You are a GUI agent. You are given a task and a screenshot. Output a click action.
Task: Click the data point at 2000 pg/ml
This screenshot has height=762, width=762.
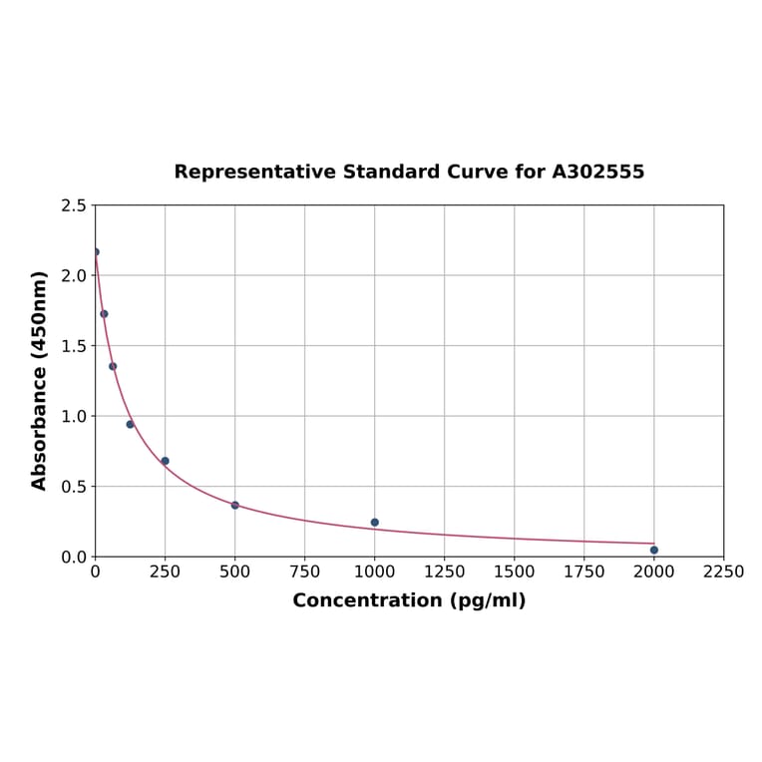tap(654, 550)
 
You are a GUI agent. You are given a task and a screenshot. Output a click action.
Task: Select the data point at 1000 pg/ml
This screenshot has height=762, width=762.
tap(375, 523)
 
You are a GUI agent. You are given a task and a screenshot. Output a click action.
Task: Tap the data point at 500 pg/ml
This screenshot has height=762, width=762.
tap(235, 505)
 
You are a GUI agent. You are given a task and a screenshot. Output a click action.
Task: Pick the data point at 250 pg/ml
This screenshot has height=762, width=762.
tap(166, 461)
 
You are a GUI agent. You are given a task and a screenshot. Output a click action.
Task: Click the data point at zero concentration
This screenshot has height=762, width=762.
tap(96, 251)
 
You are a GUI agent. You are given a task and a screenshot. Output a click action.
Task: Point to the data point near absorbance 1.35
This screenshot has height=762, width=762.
tap(113, 366)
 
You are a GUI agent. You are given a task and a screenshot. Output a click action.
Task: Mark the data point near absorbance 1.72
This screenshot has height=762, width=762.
tap(104, 314)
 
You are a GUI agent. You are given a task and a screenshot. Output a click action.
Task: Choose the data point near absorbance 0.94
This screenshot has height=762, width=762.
tap(130, 424)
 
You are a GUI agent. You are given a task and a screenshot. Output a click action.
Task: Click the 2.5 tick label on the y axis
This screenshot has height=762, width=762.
tap(74, 205)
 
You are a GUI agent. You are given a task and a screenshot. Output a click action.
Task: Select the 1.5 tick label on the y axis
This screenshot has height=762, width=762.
tap(74, 346)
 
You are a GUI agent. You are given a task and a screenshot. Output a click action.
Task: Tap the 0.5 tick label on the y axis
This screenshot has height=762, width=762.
tap(74, 487)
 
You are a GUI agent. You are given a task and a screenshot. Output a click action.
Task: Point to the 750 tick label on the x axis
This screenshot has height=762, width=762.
tap(305, 571)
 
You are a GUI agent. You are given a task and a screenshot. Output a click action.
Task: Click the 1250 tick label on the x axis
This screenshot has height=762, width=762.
tap(445, 571)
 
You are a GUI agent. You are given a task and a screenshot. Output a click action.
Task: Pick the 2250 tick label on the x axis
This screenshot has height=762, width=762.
tap(724, 571)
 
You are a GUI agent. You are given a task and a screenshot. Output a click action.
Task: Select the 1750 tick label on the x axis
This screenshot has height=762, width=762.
tap(584, 571)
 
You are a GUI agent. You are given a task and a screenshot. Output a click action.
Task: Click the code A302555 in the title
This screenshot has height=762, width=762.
tap(597, 172)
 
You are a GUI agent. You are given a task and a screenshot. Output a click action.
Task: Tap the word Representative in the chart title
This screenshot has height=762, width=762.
tap(254, 172)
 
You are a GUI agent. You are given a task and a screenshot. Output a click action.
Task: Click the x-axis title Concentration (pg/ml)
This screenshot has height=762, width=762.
tap(409, 600)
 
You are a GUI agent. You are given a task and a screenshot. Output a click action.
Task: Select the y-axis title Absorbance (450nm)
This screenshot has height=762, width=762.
tap(40, 380)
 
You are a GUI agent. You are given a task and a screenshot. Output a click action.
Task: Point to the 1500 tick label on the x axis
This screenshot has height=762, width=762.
tap(515, 571)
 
